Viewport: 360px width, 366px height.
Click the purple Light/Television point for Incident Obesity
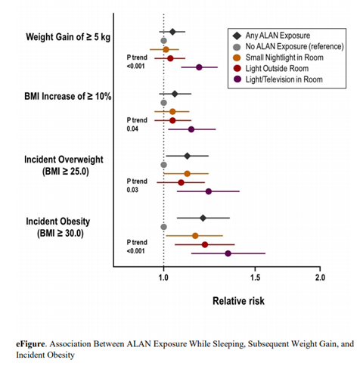(x=228, y=253)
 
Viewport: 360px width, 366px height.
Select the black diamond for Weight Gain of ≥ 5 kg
(x=172, y=32)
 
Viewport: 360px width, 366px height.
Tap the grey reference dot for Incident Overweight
(x=163, y=165)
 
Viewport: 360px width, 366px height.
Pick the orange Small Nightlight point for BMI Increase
(x=172, y=111)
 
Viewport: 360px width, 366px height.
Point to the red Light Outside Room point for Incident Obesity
(x=205, y=244)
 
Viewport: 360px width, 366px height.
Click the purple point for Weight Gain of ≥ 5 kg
(x=199, y=67)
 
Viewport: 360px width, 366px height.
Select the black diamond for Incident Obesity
(x=203, y=218)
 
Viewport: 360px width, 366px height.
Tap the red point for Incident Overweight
(x=181, y=182)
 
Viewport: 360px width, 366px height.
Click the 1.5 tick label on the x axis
(x=255, y=278)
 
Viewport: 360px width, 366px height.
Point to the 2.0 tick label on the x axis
(x=320, y=278)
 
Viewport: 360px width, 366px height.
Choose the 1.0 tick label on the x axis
(x=163, y=278)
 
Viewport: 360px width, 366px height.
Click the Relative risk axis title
(x=238, y=301)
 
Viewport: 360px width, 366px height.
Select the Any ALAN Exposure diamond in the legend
(x=237, y=36)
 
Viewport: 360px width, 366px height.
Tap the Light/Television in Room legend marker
(x=237, y=79)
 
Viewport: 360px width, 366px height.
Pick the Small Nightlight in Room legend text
(x=284, y=57)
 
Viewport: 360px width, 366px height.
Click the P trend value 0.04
(x=132, y=129)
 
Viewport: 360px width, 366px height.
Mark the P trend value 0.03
(x=132, y=190)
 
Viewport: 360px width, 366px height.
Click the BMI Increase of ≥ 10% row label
(x=68, y=96)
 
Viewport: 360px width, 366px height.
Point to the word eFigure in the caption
(x=30, y=344)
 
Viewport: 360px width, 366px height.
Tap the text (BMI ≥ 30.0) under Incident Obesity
(x=61, y=233)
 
